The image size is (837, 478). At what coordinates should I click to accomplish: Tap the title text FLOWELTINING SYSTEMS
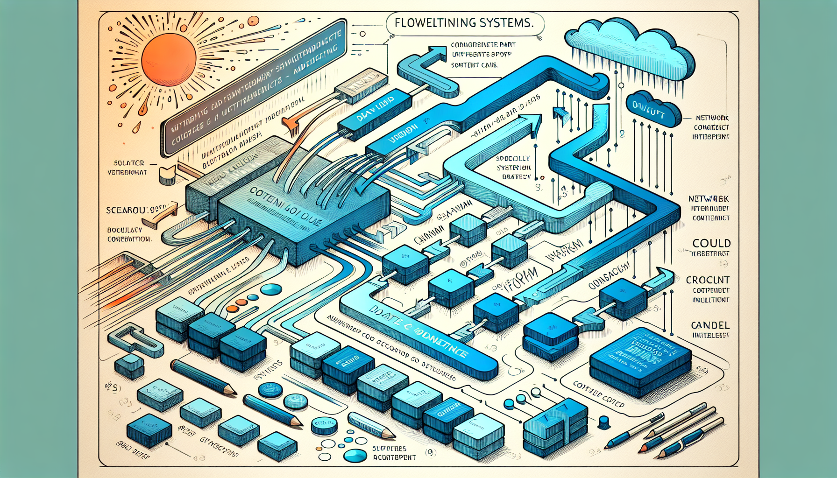click(x=463, y=23)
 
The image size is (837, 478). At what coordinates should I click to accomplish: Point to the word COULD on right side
click(x=711, y=243)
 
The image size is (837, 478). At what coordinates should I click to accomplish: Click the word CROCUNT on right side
click(x=707, y=280)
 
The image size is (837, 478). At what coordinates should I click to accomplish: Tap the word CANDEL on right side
click(x=710, y=325)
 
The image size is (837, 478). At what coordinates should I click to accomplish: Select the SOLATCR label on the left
click(x=129, y=163)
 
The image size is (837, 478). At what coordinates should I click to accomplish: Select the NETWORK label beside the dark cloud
click(x=712, y=118)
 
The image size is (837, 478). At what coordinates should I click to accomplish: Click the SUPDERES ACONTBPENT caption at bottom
click(x=394, y=453)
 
